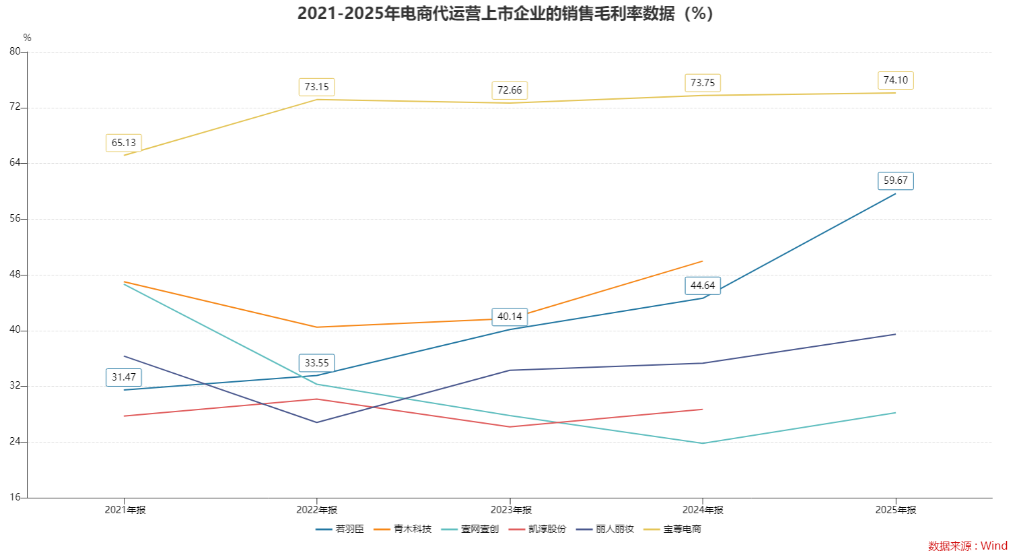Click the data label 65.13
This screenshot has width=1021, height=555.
[124, 143]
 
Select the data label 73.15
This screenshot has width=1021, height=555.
[316, 87]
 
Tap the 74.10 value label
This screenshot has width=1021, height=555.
[895, 80]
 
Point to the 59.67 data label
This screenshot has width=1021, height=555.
[895, 181]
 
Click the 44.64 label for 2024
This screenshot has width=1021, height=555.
[702, 286]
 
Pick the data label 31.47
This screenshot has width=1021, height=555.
[124, 377]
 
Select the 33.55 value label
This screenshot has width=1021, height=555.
[316, 363]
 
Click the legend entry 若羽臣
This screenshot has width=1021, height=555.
[341, 529]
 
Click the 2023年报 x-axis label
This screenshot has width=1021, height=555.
[511, 510]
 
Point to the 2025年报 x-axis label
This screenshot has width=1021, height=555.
[896, 510]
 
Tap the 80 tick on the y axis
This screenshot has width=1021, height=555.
[15, 51]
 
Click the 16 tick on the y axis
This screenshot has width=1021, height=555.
[15, 498]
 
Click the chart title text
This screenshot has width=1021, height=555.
[505, 13]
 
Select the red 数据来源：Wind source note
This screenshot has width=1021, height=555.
[968, 546]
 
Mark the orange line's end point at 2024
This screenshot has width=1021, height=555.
[703, 261]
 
